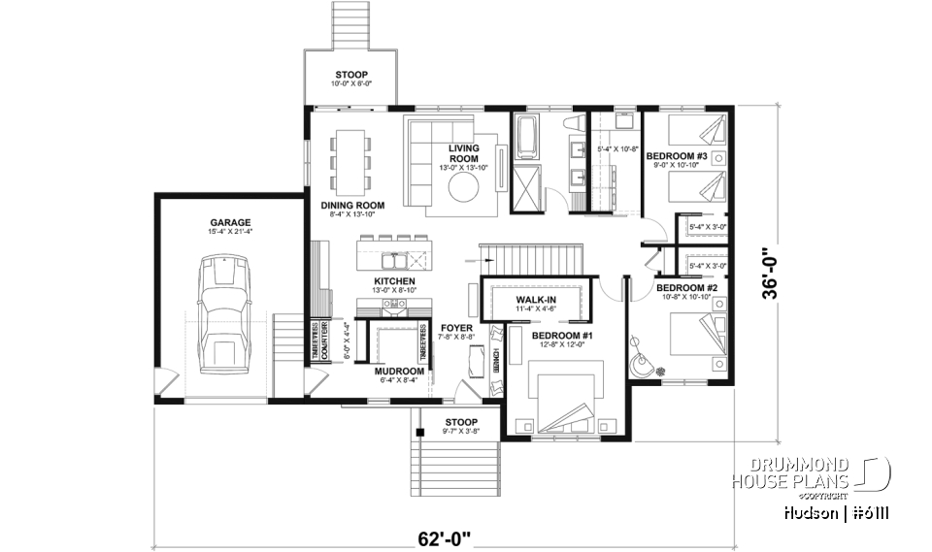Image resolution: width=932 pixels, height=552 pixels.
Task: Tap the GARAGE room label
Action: click(x=229, y=221)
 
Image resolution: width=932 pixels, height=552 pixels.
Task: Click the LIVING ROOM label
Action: click(x=463, y=153)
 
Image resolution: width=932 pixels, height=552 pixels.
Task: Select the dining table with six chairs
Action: click(x=351, y=160)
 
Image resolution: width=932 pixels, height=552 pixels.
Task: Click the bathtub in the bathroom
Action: click(x=529, y=138)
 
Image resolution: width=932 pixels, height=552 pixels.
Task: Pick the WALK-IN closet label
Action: click(x=535, y=300)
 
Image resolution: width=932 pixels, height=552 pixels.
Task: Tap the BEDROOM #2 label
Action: click(x=685, y=288)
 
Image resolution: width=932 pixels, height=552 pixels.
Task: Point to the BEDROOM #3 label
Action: click(x=676, y=156)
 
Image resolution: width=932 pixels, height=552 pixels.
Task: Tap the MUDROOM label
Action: click(x=400, y=372)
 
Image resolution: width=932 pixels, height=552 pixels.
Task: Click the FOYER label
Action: click(x=456, y=328)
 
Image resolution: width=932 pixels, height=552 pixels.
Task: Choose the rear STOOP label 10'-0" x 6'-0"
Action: click(x=352, y=74)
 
